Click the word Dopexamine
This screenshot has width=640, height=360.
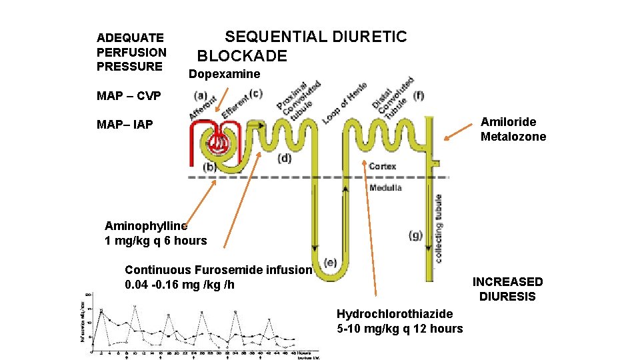[224, 74]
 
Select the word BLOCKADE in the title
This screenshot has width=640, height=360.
[242, 56]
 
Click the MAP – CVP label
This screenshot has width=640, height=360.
[129, 97]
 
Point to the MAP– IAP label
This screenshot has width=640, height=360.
[125, 125]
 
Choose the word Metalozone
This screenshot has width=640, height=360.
[513, 137]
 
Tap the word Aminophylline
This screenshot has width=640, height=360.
[146, 226]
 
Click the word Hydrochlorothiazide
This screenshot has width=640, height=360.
[395, 314]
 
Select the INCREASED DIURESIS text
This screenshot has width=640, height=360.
[508, 289]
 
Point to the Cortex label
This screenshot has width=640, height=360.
[383, 166]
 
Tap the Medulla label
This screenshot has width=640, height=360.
[385, 188]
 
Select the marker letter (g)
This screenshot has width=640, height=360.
[415, 235]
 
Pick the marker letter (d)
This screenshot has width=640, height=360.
[284, 159]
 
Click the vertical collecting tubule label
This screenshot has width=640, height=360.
[439, 229]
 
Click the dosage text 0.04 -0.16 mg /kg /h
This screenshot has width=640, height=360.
[179, 285]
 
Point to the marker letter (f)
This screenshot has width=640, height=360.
[419, 96]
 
